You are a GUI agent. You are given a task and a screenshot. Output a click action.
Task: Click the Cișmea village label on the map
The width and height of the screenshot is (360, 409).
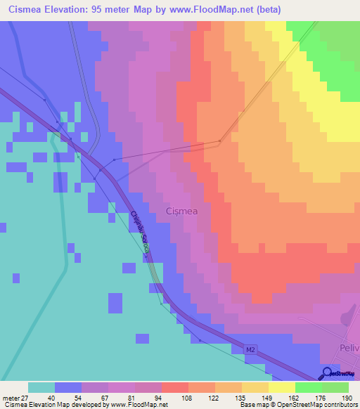pos(181,211)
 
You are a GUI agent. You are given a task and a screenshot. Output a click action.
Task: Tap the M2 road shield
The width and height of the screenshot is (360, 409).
pos(251,349)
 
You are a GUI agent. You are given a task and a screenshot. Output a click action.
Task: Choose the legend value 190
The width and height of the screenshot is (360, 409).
pos(346,398)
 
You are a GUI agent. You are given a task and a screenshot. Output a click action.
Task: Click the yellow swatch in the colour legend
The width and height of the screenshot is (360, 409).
pos(281,387)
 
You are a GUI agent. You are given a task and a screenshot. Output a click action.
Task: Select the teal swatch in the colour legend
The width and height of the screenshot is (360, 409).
pos(41,387)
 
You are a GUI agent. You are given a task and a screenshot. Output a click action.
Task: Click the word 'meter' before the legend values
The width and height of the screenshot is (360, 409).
pos(8,398)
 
